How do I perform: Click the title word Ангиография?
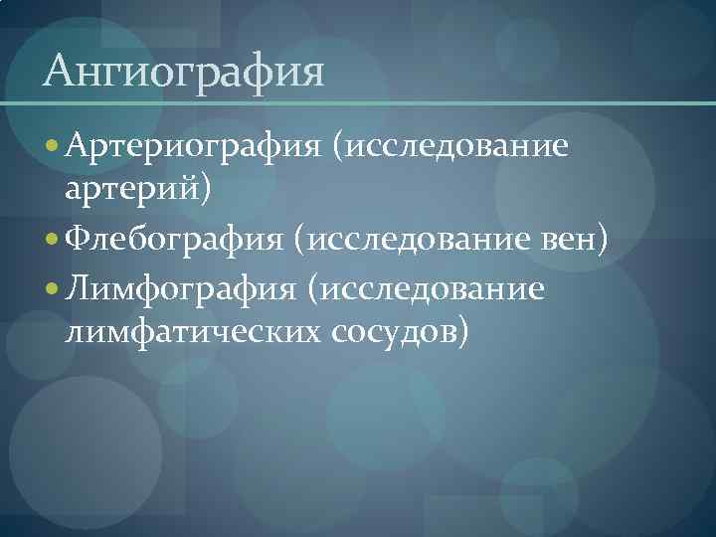(x=185, y=73)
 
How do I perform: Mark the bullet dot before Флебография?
(x=52, y=240)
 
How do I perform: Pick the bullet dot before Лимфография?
(x=52, y=289)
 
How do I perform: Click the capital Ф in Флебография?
(x=78, y=239)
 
